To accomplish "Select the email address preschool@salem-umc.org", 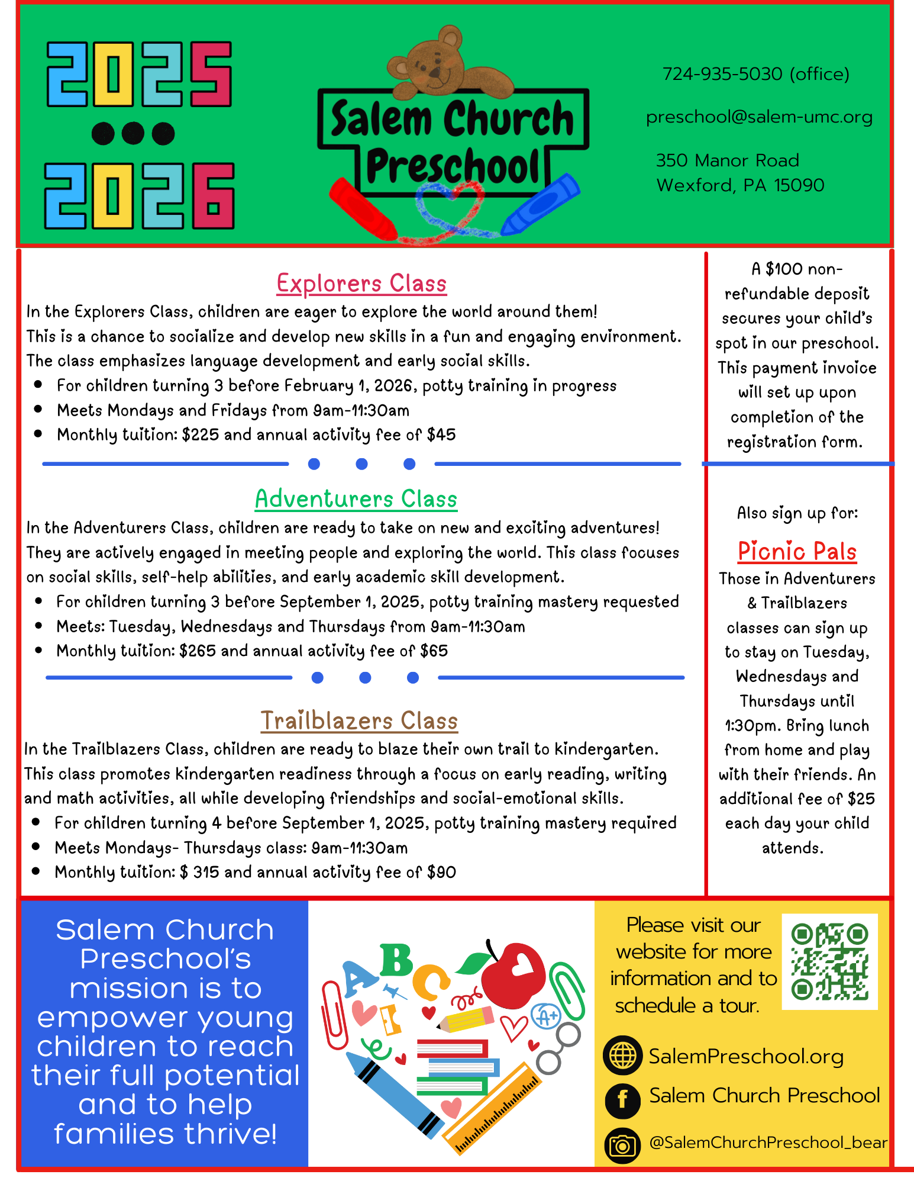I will coord(759,117).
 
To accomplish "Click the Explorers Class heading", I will coord(361,283).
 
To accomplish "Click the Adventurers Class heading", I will coord(356,498).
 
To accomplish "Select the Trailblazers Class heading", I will coord(359,720).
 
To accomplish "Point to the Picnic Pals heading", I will coord(797,551).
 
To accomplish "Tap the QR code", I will coord(829,961).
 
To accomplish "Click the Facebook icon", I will coord(622,1101).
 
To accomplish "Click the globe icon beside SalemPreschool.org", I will coord(622,1055).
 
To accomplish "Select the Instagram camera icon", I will coord(622,1146).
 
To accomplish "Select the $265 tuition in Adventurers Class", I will coord(198,651).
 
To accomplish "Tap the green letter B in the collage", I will coord(396,960).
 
